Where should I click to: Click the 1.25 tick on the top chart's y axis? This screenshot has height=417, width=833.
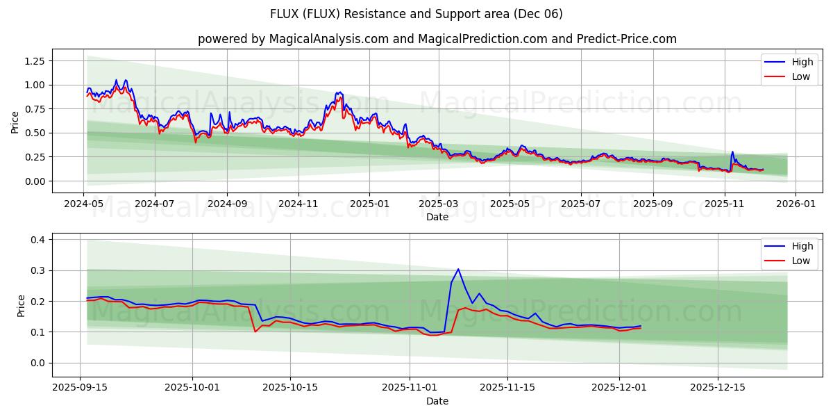tap(35, 61)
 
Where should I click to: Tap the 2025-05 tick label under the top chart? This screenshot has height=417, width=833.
tap(510, 204)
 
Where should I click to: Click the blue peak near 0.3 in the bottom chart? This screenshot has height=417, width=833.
tap(458, 269)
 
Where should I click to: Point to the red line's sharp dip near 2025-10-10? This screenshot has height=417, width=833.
tap(255, 332)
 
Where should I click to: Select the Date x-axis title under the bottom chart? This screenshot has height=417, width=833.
tap(437, 401)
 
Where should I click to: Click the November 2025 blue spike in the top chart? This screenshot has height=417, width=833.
tap(732, 152)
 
